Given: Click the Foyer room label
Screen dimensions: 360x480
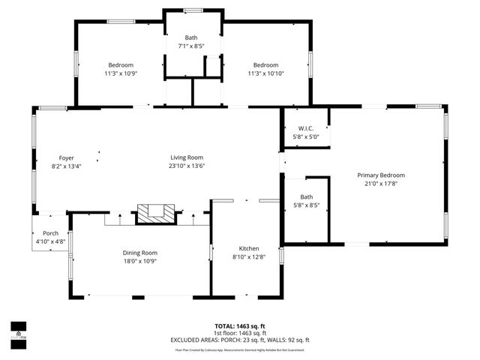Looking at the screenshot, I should pos(67,157).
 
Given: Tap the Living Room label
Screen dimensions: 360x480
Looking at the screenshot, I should pos(187,157).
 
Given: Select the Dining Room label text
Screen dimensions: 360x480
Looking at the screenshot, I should pos(139,253).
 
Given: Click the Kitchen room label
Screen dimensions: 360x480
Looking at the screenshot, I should pos(249,249).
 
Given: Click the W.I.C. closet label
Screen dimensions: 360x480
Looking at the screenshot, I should pos(305,129).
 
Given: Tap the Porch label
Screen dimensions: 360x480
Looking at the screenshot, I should pos(50,233).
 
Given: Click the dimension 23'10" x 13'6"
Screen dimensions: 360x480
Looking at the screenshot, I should pos(187,166).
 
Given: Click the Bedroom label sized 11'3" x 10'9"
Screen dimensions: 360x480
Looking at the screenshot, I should pos(120,65).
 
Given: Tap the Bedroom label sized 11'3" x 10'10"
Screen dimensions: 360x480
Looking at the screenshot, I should pos(265,65).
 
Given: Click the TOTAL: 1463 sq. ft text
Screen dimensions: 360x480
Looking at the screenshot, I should pos(239,326).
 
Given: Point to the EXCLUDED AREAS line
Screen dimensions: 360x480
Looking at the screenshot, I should pos(239,340).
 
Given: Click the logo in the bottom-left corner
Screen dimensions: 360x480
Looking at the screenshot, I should pos(18,331).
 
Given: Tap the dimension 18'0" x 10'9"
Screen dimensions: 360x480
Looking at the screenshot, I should pos(139,261).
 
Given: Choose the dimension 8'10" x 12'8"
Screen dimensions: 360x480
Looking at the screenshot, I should pos(249,257).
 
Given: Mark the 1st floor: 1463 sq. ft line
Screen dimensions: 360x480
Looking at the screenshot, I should pos(239,333).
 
